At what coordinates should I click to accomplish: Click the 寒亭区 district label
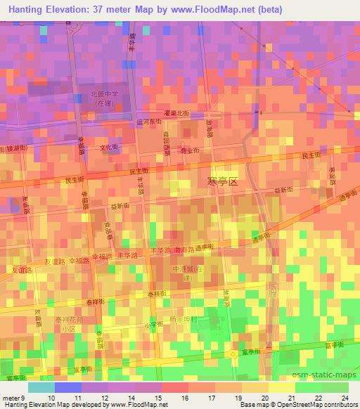(x=223, y=181)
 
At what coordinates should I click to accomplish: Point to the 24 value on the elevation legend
(x=345, y=398)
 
